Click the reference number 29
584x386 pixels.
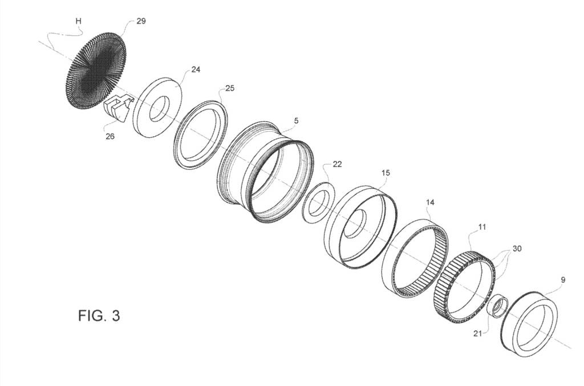tap(141, 21)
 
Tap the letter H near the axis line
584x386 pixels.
tap(78, 21)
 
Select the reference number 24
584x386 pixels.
tap(196, 69)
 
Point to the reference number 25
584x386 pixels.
tap(230, 88)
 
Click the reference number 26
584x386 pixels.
tap(110, 137)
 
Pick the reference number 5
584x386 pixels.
tap(296, 121)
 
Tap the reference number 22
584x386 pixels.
tap(337, 164)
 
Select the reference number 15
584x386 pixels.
tap(386, 173)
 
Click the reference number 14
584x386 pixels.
tap(430, 202)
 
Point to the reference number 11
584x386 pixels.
tap(482, 227)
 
